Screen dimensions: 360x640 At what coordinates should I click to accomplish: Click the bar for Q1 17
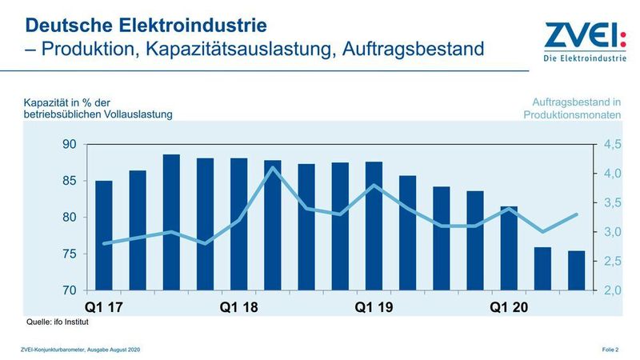coord(104,235)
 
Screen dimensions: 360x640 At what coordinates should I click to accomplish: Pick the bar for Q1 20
coord(509,248)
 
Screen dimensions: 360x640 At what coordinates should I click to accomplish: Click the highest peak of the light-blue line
coord(273,167)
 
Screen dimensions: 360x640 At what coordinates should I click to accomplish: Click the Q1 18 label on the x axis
coord(239,307)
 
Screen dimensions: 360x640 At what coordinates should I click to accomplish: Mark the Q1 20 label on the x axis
coord(509,307)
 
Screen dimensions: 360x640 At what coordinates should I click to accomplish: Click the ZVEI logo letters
coord(574,37)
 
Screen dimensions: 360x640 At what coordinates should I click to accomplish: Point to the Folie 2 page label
coord(613,350)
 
